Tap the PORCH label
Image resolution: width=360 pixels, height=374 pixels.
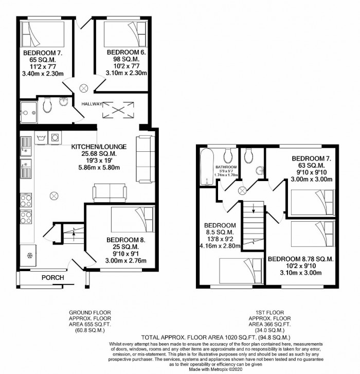pyautogui.click(x=53, y=278)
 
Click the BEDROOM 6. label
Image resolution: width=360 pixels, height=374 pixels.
pyautogui.click(x=127, y=52)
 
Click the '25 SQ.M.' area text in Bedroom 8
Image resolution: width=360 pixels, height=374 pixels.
pyautogui.click(x=126, y=247)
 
